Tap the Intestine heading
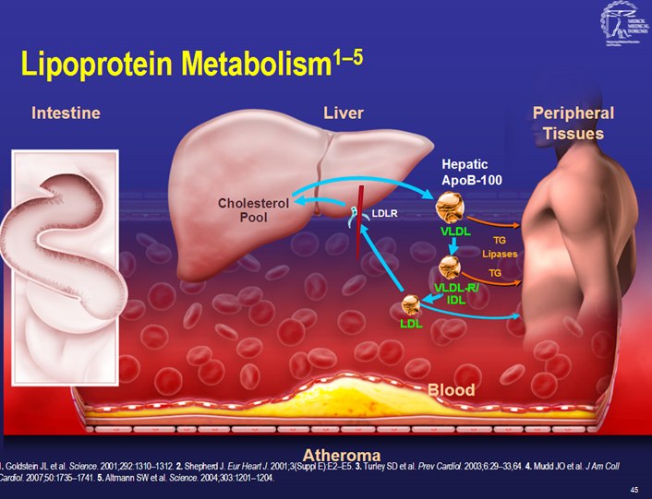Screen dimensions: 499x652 (x=66, y=113)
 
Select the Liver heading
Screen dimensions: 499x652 (x=344, y=113)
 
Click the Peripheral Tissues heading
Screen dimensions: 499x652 (x=573, y=124)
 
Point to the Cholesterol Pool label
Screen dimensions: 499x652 (x=254, y=210)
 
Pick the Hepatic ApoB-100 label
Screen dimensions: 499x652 (x=472, y=172)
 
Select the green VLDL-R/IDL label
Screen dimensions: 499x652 (x=454, y=293)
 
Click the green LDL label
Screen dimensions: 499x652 (x=411, y=324)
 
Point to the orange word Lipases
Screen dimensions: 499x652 (x=500, y=254)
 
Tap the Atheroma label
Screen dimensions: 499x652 (x=342, y=455)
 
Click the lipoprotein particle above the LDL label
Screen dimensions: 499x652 (x=412, y=304)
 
